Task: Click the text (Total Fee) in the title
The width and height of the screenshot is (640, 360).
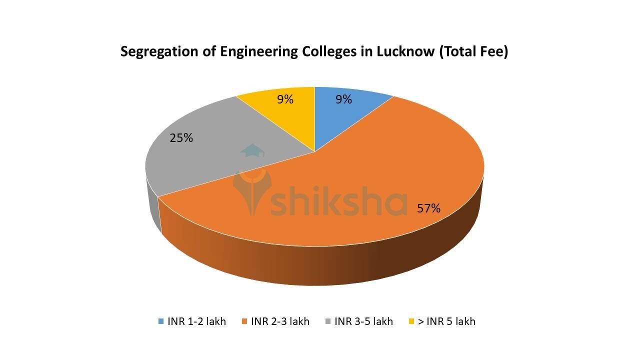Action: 473,52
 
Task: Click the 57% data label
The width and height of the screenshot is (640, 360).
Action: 428,208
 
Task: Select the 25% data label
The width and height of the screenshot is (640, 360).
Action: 181,138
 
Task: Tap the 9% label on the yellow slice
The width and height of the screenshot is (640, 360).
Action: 285,99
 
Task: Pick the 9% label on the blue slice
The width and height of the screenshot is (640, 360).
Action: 343,99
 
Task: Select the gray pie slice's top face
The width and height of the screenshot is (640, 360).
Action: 200,160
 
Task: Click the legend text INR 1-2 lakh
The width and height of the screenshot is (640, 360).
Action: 196,321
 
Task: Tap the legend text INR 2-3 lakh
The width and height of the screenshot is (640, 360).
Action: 280,321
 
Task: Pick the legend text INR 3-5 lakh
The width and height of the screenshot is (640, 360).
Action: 363,321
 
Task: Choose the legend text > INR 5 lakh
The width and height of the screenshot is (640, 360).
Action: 446,321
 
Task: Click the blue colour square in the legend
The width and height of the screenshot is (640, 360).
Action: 160,321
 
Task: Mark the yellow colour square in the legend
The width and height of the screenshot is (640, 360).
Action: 411,321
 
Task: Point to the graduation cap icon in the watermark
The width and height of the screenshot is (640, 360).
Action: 252,151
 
